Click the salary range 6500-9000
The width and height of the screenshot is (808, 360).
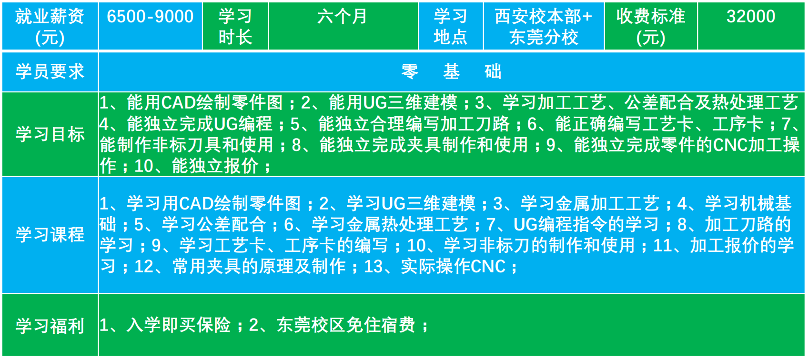point(150,17)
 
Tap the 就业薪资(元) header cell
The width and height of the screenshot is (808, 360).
point(50,27)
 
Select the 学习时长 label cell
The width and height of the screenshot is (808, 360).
point(235,27)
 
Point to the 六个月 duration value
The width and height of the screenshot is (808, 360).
point(342,17)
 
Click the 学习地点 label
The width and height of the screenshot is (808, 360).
point(451,27)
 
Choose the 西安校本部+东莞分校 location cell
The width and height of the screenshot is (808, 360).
point(544,27)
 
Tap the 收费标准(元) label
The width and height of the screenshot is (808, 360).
point(651,27)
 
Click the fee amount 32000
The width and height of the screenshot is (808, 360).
point(751,17)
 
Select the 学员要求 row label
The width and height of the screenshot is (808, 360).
point(50,71)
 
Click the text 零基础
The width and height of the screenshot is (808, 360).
point(451,71)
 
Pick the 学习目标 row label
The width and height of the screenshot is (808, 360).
point(50,134)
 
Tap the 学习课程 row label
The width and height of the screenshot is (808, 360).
point(50,234)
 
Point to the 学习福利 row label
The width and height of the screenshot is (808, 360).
point(50,326)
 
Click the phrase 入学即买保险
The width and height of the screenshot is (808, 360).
point(179,325)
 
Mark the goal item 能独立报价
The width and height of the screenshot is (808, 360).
point(215,166)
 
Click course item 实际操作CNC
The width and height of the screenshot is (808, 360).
point(454,267)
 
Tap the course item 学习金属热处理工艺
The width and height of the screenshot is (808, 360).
point(390,224)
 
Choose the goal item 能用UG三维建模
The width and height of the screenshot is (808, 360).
point(393,103)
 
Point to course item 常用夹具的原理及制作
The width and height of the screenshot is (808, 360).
point(259,267)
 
